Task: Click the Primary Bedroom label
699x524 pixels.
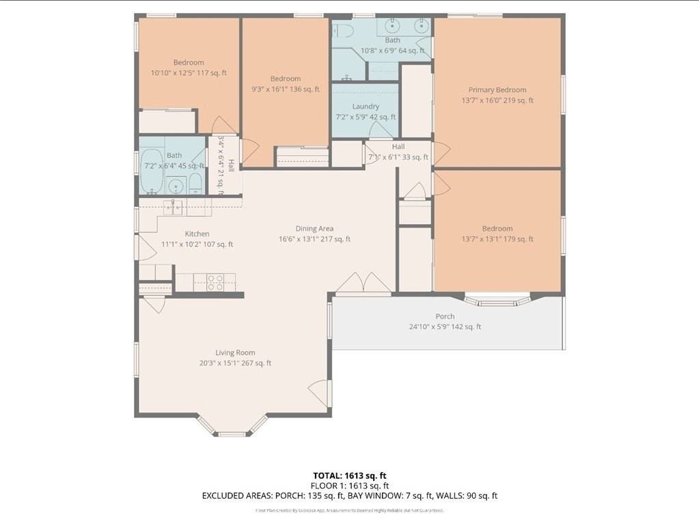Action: tap(497, 89)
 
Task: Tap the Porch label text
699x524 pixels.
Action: tap(445, 316)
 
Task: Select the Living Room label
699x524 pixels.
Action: tap(235, 353)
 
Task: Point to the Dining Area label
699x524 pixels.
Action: tap(314, 228)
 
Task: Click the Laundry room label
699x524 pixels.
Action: tap(366, 107)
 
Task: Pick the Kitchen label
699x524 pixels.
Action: tap(197, 234)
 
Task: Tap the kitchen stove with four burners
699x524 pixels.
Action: tap(215, 282)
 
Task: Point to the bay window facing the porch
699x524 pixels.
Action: tap(497, 299)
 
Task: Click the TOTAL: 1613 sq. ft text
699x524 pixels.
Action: tap(350, 475)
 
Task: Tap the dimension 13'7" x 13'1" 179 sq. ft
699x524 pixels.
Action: tap(497, 239)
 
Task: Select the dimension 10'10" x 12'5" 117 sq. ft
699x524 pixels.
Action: tap(189, 72)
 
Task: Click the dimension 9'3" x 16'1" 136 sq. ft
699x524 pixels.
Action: tap(285, 89)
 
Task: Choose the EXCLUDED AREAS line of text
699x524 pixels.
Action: tap(350, 495)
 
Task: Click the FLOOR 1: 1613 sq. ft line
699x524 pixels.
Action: tap(350, 486)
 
